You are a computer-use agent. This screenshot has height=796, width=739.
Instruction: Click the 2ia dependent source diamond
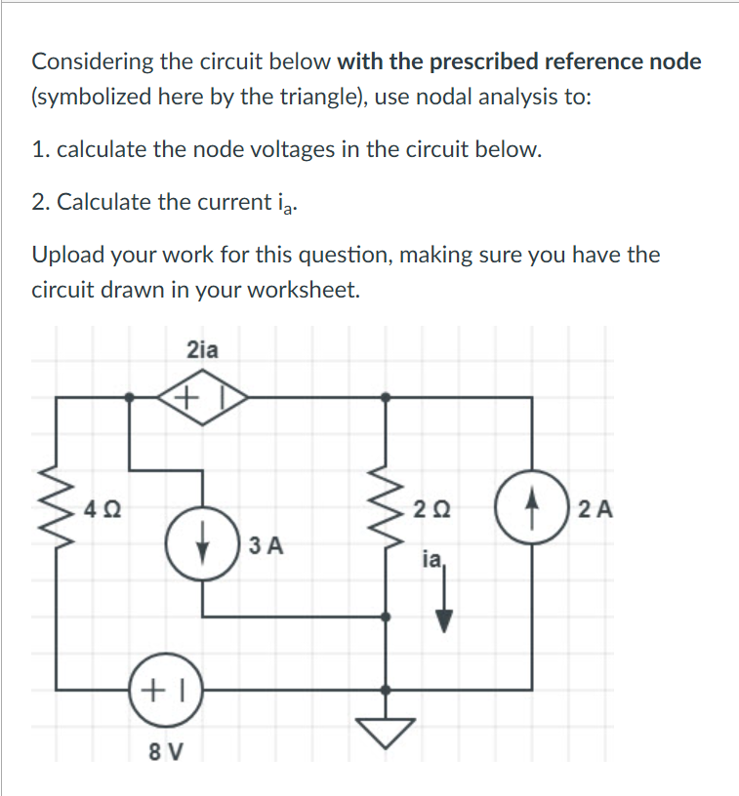[202, 397]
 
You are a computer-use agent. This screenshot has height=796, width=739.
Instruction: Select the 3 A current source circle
[202, 542]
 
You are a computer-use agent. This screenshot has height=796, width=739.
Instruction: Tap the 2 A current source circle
[531, 509]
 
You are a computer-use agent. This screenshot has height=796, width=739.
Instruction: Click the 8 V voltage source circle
[165, 689]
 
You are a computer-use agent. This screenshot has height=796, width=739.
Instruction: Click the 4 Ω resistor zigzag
[55, 509]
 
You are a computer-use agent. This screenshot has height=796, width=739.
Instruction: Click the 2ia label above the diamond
[201, 349]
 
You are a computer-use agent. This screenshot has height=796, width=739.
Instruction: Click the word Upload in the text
[66, 256]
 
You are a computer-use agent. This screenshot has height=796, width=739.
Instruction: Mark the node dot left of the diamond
[131, 397]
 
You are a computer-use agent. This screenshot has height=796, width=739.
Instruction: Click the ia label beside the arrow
[431, 561]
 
